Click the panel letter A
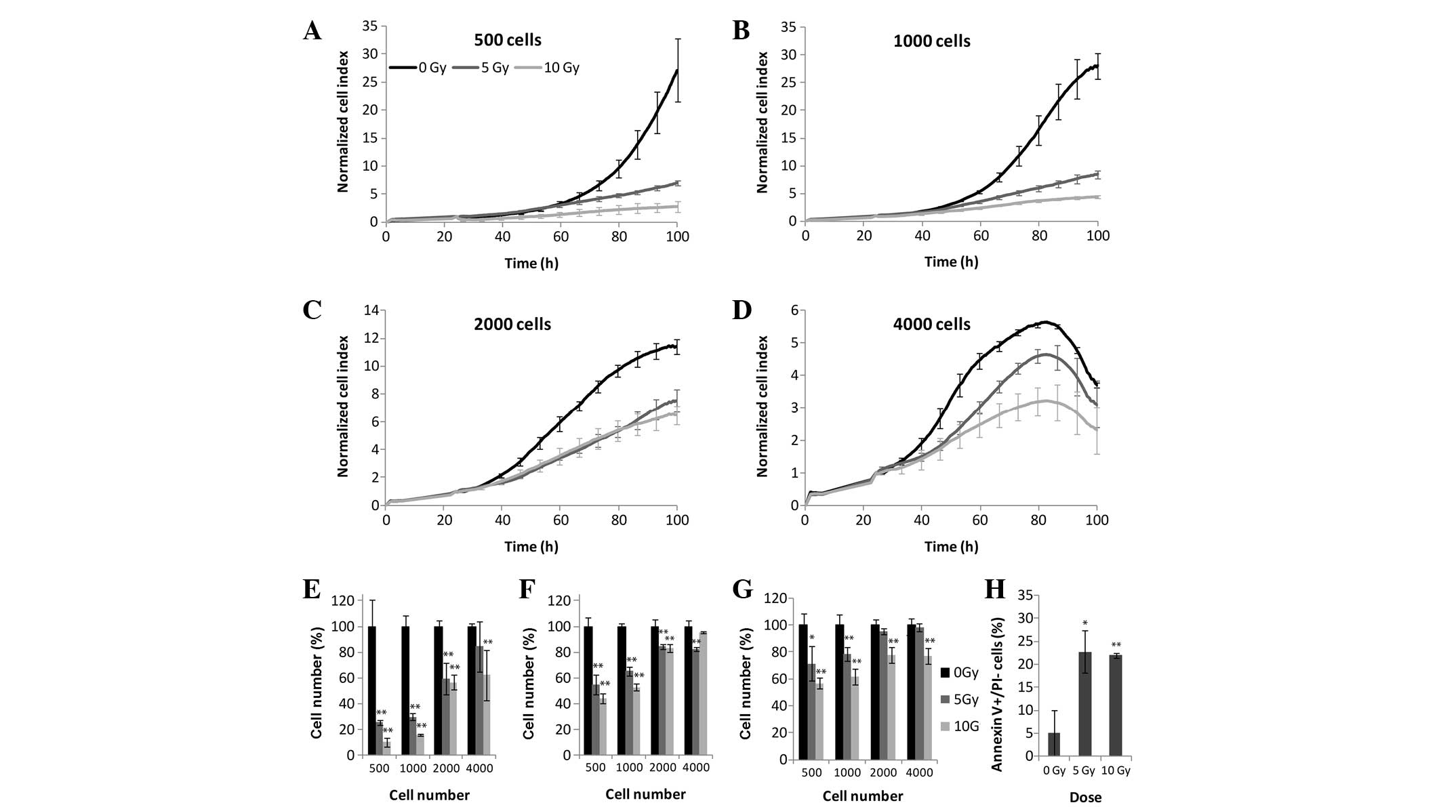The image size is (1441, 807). point(312,30)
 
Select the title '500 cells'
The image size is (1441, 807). point(508,40)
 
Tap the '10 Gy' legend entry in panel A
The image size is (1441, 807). point(561,68)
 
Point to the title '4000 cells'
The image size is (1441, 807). point(932,325)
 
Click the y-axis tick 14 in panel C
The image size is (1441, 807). point(370,310)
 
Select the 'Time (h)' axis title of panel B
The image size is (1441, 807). point(951,262)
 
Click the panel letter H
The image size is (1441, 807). point(994,589)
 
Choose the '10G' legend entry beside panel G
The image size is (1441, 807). point(966,745)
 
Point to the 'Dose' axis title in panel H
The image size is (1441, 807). point(1085,798)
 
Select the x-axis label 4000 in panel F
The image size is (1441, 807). point(695,768)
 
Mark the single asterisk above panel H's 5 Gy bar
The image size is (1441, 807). point(1085,623)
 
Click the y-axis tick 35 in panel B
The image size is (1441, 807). point(788,27)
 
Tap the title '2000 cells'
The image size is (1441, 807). point(512,325)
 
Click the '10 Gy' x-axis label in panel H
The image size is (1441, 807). point(1116,771)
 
